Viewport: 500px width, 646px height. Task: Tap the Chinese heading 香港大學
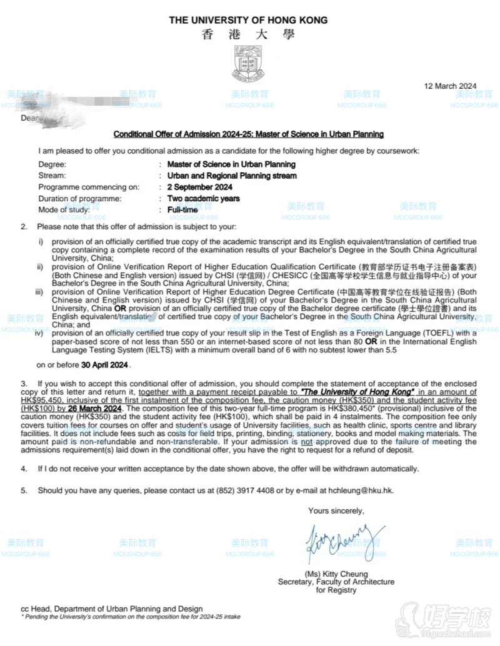pyautogui.click(x=248, y=35)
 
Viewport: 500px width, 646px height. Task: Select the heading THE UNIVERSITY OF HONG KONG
pyautogui.click(x=248, y=20)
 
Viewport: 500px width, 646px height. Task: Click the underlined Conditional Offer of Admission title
pyautogui.click(x=248, y=134)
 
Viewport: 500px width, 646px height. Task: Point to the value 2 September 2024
pyautogui.click(x=199, y=187)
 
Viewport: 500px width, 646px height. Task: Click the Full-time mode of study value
pyautogui.click(x=182, y=210)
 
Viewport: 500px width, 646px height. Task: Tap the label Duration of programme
pyautogui.click(x=77, y=199)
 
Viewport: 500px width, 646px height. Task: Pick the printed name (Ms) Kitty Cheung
pyautogui.click(x=336, y=574)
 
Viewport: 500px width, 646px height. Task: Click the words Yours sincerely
pyautogui.click(x=336, y=510)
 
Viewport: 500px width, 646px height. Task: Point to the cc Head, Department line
pyautogui.click(x=111, y=609)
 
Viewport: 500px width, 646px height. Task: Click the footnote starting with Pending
pyautogui.click(x=131, y=617)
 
